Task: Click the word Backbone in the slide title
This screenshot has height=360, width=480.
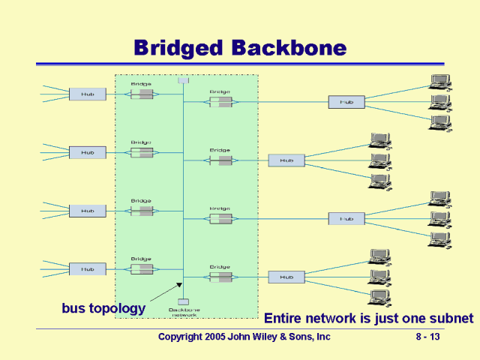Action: (289, 48)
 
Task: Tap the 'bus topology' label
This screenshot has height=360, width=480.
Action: (103, 307)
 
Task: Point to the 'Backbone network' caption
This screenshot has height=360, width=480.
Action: (183, 312)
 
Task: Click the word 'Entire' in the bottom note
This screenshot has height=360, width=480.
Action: (286, 318)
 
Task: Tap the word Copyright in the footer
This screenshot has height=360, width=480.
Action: (183, 337)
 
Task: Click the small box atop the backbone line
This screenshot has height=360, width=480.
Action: (183, 80)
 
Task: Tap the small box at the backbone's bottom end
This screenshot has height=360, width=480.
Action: (183, 301)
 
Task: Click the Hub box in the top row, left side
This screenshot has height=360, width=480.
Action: (88, 94)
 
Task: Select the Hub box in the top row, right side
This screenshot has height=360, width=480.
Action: (346, 102)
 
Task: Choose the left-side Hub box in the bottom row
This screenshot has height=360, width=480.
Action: (88, 268)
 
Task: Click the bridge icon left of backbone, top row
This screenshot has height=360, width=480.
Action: (142, 94)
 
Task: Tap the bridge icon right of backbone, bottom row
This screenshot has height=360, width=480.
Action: (220, 277)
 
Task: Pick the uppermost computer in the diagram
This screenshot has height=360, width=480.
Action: (439, 82)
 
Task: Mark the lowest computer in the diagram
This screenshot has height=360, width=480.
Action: (379, 297)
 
